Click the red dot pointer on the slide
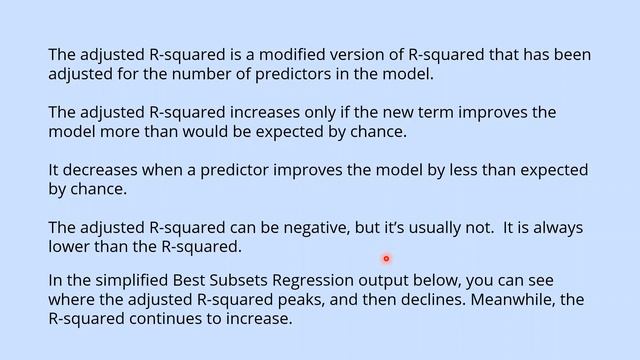(385, 259)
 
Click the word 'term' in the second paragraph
(399, 112)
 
